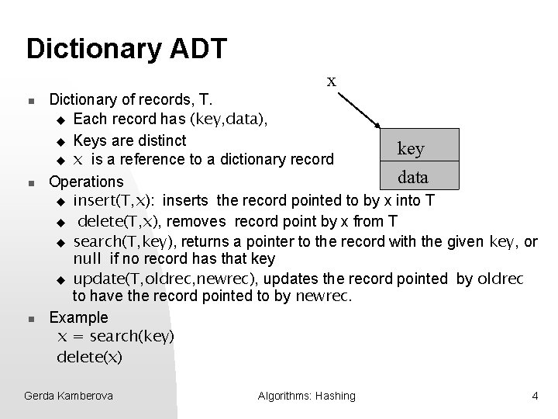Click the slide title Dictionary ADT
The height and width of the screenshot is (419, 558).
[x=126, y=48]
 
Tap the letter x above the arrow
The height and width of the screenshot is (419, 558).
[x=331, y=81]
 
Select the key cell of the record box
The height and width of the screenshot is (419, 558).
[x=411, y=148]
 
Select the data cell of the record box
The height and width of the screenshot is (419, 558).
[x=413, y=177]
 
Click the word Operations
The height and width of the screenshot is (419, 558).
[x=86, y=182]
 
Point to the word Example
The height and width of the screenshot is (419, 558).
[x=78, y=317]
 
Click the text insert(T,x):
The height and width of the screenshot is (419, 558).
[x=116, y=202]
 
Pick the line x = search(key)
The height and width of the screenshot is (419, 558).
[x=116, y=336]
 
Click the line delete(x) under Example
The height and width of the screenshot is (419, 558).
[x=90, y=357]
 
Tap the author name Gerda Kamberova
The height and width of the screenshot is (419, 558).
[x=68, y=396]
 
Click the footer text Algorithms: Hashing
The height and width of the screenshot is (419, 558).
[x=306, y=396]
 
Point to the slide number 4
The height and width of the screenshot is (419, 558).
[x=535, y=396]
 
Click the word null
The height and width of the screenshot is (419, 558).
[x=88, y=258]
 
